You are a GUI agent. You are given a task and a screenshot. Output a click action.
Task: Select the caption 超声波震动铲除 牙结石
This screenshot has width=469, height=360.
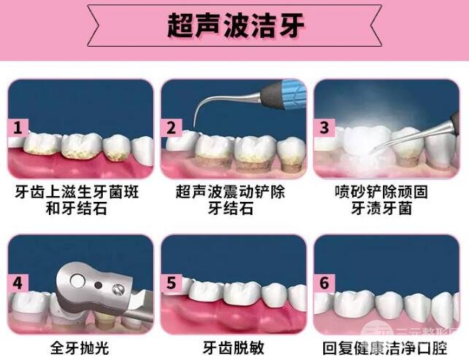coord(233,201)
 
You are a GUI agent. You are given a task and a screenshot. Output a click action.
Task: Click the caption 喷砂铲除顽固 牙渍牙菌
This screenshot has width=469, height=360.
coord(387,201)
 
